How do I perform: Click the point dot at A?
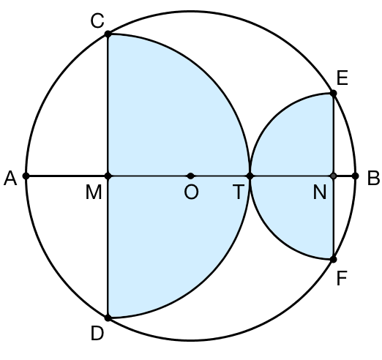click(26, 176)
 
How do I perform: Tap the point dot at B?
click(356, 176)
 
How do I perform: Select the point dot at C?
click(108, 34)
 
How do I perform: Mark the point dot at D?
click(108, 318)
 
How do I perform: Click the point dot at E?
click(333, 93)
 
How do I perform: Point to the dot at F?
click(333, 259)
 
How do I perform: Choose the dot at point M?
click(108, 176)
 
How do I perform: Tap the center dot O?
click(190, 176)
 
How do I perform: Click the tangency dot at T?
click(250, 176)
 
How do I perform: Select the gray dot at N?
click(333, 176)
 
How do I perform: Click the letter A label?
click(10, 179)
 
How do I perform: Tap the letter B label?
click(373, 179)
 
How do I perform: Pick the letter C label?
click(97, 20)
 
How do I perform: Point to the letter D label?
click(97, 334)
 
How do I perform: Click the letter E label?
click(342, 78)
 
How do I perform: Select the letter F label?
click(342, 278)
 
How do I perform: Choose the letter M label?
click(94, 192)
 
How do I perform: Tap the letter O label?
click(191, 192)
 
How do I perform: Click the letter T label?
click(239, 192)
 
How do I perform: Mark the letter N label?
click(320, 192)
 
